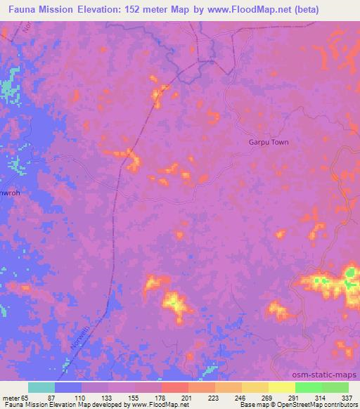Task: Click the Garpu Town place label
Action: tap(269, 141)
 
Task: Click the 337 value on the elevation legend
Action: tap(347, 397)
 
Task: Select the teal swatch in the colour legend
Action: tap(41, 387)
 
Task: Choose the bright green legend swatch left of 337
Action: tap(335, 387)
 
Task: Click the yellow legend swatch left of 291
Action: tap(281, 387)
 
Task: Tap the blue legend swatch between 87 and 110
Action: tap(68, 387)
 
